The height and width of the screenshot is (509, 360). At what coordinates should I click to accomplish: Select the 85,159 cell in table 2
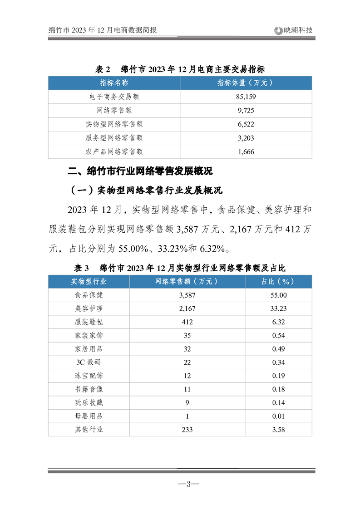(x=246, y=97)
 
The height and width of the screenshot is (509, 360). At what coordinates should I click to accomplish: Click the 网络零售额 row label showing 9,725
(x=114, y=110)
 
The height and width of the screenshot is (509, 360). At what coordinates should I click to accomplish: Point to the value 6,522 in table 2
(x=246, y=124)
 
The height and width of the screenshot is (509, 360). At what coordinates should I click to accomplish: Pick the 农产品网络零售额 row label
(x=114, y=152)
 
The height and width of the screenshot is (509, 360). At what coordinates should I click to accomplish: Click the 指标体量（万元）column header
(x=246, y=83)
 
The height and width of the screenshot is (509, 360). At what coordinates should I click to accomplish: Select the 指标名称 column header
(x=114, y=83)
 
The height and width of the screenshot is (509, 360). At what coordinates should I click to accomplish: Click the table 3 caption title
(x=180, y=267)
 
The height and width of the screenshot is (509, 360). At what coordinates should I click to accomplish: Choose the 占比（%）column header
(x=278, y=281)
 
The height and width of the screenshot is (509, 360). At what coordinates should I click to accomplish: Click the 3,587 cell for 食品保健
(x=187, y=295)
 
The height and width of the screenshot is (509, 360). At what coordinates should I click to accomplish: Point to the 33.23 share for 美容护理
(x=278, y=308)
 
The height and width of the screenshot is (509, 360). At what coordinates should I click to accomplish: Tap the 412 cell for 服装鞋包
(x=187, y=322)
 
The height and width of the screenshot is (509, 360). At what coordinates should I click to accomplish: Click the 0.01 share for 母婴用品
(x=278, y=416)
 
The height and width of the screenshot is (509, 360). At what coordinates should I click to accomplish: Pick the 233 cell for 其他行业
(x=187, y=430)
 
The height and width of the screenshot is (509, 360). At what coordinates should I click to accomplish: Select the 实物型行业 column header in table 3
(x=89, y=281)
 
